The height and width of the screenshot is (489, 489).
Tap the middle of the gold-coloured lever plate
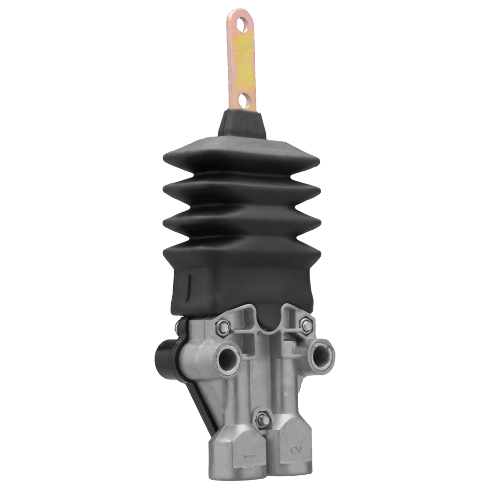pyautogui.click(x=242, y=61)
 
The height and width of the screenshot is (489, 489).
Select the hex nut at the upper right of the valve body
pyautogui.click(x=307, y=326)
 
